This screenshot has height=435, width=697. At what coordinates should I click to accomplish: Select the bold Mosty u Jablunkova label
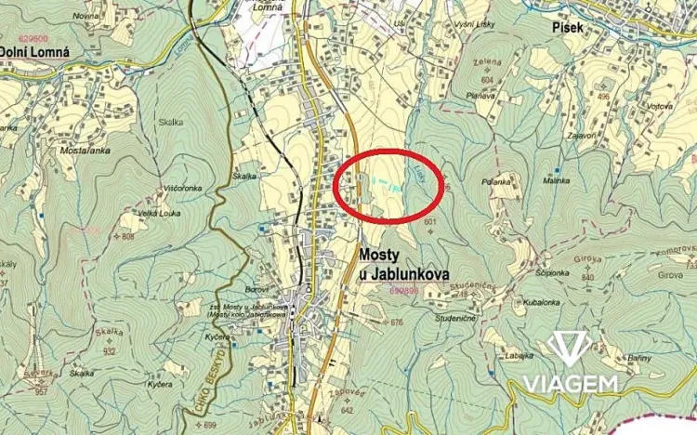coord(403,264)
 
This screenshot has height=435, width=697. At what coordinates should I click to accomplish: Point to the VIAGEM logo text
coord(571,384)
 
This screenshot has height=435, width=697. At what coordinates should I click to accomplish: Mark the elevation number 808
coord(127,237)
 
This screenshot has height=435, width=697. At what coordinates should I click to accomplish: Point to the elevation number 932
coord(109,351)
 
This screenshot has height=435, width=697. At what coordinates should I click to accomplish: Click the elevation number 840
coord(587,277)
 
